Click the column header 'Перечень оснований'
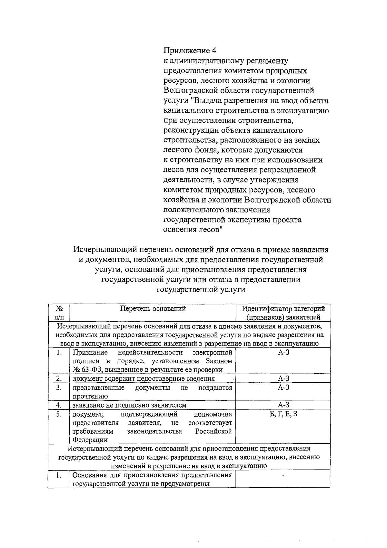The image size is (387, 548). click(x=153, y=308)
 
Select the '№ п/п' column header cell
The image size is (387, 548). click(x=58, y=313)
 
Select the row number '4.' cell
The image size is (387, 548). click(x=58, y=405)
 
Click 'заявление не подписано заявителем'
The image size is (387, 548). click(x=129, y=405)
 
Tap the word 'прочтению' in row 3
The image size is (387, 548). click(x=90, y=396)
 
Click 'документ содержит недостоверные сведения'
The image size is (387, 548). click(x=144, y=378)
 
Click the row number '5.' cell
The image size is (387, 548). click(x=58, y=414)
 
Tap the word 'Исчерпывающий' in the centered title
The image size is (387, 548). click(x=101, y=250)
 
